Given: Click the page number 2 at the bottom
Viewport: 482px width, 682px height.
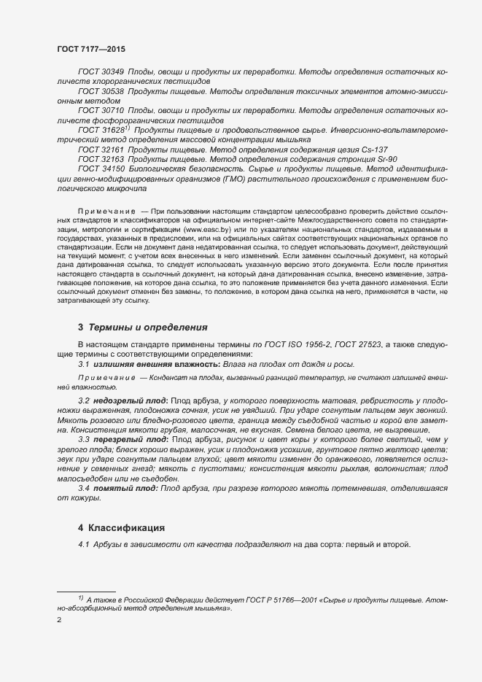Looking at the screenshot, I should click(x=59, y=619).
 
